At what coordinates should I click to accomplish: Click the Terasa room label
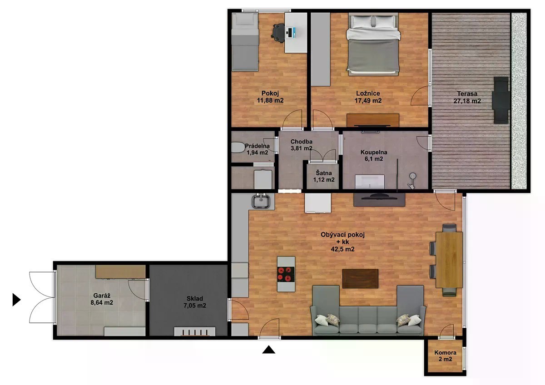click(467, 94)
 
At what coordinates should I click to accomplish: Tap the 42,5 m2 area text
click(342, 249)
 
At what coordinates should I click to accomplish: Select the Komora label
click(445, 352)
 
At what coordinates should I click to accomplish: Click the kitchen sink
click(261, 202)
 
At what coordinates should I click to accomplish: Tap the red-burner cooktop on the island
click(286, 274)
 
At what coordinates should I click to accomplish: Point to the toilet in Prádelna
click(238, 148)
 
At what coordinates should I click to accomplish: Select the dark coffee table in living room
click(360, 278)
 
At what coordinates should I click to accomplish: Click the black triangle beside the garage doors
click(16, 300)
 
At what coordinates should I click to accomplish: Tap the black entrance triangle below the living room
click(268, 350)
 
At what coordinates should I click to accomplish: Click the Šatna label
click(323, 173)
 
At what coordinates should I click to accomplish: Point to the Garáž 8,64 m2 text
click(102, 299)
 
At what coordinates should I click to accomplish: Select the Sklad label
click(195, 298)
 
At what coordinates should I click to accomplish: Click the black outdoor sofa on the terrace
click(500, 100)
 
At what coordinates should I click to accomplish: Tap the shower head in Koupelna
click(412, 176)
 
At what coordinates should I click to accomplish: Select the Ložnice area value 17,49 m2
click(368, 100)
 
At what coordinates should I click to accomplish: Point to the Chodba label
click(302, 141)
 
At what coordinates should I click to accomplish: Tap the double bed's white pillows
click(373, 21)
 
